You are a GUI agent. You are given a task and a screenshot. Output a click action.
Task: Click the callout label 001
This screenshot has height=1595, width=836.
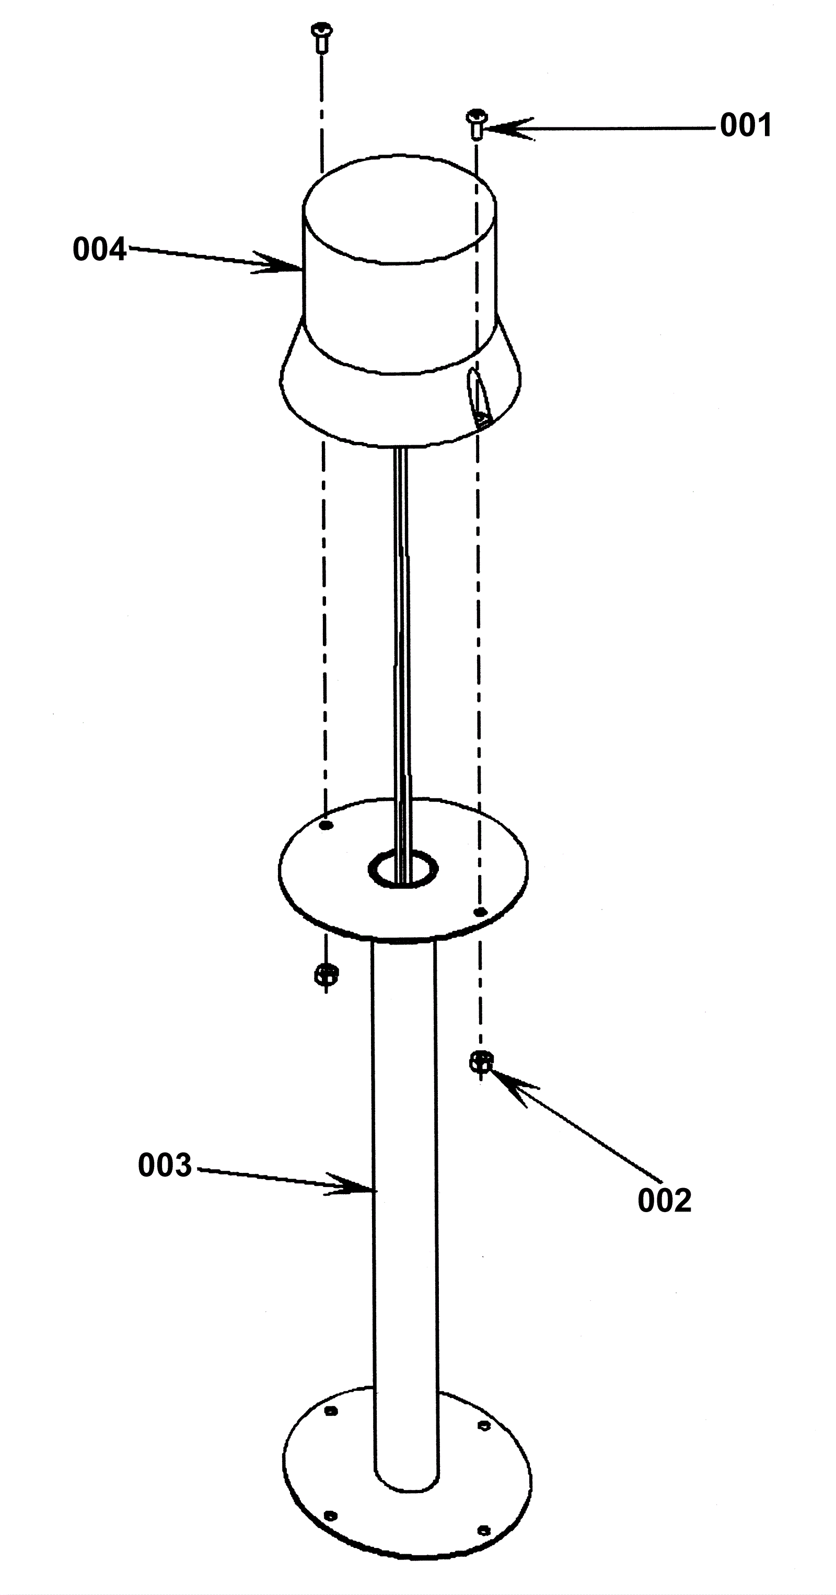click(746, 126)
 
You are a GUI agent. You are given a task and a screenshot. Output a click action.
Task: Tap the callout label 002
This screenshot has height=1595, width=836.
click(664, 1201)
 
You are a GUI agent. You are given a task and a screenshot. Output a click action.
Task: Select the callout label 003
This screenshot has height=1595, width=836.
click(165, 1165)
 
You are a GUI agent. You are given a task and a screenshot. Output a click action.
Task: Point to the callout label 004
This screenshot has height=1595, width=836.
click(99, 250)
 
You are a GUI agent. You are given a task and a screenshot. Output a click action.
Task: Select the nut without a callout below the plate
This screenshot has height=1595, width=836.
click(326, 974)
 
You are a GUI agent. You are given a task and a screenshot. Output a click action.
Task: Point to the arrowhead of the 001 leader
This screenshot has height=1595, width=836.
click(491, 129)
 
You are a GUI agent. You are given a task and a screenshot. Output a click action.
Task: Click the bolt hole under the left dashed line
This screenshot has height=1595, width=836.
click(327, 825)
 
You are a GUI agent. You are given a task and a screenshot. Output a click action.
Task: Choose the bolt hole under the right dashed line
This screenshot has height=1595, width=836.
click(479, 912)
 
